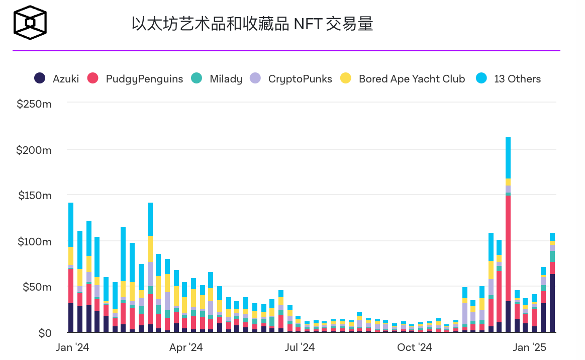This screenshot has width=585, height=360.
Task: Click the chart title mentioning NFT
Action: (252, 24)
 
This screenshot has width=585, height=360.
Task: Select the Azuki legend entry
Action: (57, 79)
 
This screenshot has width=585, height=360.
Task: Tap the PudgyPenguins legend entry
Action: (135, 79)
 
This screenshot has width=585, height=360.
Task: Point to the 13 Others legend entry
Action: (509, 79)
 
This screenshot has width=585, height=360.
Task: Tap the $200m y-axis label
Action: (34, 150)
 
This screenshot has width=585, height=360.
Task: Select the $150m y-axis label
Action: (34, 196)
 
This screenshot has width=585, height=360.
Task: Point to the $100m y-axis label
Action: (34, 241)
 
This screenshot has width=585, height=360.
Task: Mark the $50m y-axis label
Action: (36, 287)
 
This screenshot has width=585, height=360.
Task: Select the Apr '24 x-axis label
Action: (186, 347)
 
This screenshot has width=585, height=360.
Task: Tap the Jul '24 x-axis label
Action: (300, 347)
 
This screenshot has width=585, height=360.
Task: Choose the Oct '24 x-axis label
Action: (414, 347)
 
